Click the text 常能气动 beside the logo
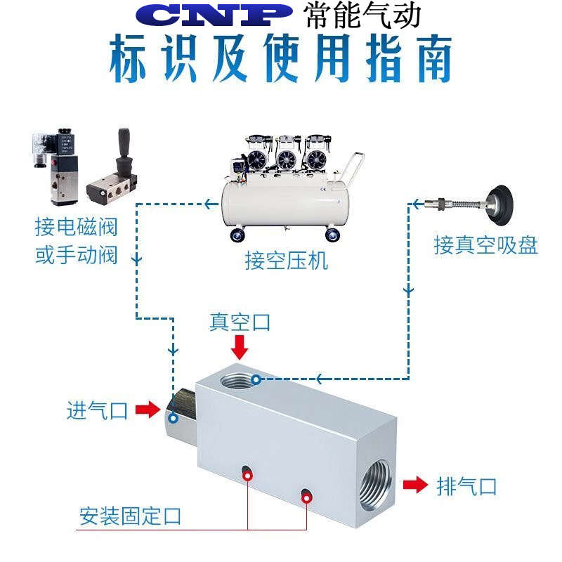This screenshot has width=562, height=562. click(x=362, y=15)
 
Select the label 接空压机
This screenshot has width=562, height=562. click(x=286, y=261)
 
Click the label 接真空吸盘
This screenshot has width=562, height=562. click(x=485, y=245)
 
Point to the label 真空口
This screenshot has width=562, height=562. click(x=240, y=322)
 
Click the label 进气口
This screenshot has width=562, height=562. click(x=97, y=410)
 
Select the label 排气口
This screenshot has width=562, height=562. click(x=467, y=486)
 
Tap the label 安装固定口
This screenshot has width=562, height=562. click(x=131, y=516)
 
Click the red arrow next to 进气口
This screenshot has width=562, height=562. click(x=148, y=410)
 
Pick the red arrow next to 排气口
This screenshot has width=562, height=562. click(x=416, y=485)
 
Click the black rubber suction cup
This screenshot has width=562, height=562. click(x=502, y=202)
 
